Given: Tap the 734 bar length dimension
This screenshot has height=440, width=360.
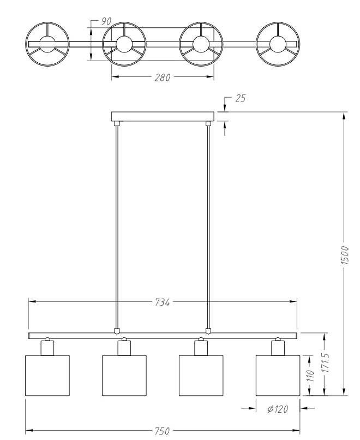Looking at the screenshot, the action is [x=163, y=302].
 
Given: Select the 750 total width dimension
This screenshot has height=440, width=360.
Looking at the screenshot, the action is [x=163, y=431].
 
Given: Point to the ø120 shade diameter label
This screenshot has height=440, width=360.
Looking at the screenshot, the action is [x=278, y=409].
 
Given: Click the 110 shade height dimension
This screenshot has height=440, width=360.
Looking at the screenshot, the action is [x=310, y=376].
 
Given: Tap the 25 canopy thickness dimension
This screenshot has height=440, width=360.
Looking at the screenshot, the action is [x=241, y=98].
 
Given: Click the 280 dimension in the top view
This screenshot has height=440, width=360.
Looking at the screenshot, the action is [x=163, y=77].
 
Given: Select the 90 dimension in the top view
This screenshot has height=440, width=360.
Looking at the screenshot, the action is [x=106, y=21].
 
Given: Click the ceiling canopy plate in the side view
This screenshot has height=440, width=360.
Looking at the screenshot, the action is [x=163, y=116].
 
